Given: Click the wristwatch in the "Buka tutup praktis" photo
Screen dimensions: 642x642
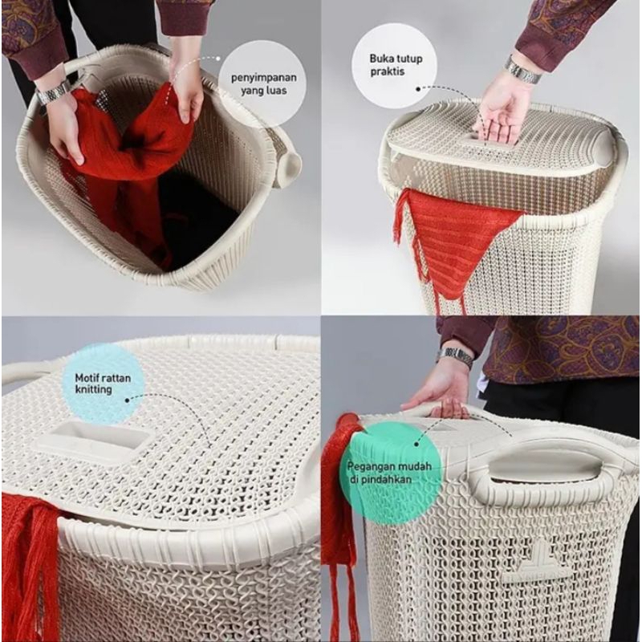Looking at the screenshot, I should point(523,70).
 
